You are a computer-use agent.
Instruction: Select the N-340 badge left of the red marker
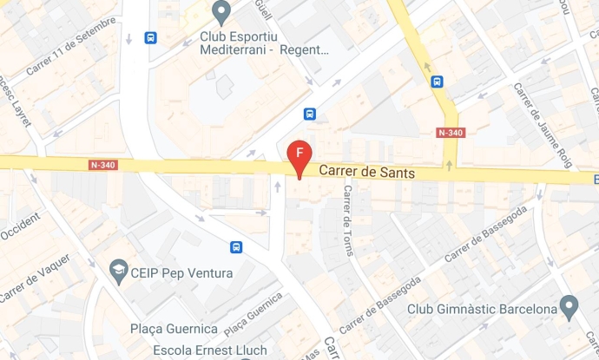pos(103,165)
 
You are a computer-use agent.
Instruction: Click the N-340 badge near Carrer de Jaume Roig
pos(450,133)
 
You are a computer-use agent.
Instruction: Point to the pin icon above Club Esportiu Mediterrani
pos(221,12)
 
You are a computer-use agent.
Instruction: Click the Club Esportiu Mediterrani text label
pos(264,43)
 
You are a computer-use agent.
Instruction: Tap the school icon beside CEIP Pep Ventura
pos(117,272)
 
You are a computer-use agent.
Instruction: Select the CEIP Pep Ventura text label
pos(181,273)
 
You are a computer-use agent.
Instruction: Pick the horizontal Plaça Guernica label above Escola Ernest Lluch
pos(174,329)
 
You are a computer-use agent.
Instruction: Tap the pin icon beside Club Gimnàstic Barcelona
pos(569,306)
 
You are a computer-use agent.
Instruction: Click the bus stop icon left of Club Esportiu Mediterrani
pos(151,38)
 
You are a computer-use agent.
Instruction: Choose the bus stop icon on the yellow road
pos(437,82)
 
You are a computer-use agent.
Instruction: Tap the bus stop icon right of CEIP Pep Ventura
pos(236,246)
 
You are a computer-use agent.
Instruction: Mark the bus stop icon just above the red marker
pos(309,114)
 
